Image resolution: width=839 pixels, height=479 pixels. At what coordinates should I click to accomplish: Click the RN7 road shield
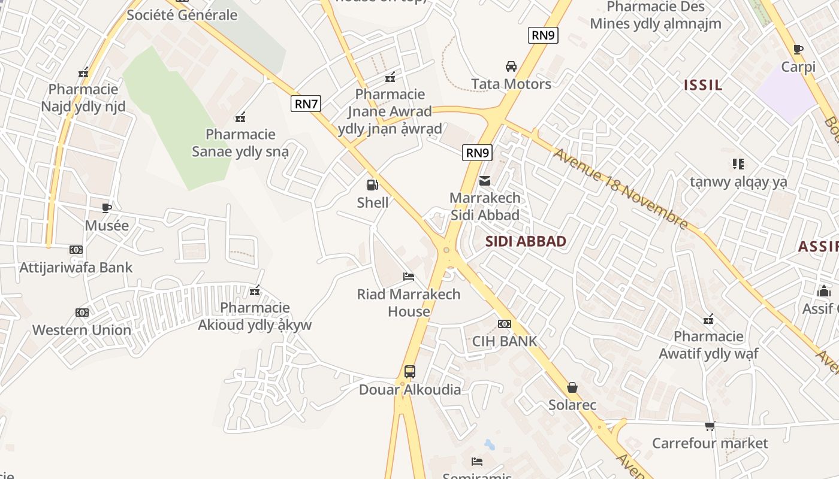coord(306,104)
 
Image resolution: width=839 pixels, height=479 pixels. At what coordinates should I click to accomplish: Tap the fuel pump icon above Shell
coord(373,185)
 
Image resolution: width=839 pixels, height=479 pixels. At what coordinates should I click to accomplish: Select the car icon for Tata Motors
coord(511,66)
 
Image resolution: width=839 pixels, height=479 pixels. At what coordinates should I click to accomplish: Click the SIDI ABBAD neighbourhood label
coord(526,241)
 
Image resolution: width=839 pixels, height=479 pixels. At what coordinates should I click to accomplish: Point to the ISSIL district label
coord(703,85)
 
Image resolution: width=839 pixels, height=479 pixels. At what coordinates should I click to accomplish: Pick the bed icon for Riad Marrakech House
coord(409,277)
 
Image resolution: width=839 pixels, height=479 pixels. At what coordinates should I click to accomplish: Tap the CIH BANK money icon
coord(505,324)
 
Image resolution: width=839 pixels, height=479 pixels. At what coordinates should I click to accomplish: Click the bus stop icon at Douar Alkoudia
coord(410,372)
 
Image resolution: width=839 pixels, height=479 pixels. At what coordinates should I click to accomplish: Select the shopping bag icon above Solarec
coord(572,387)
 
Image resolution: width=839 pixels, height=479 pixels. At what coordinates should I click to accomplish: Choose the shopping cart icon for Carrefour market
coord(710,426)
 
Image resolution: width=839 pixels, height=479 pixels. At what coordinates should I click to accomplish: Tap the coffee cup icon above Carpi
coord(798,49)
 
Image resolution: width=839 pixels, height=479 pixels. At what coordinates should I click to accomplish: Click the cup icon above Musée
coord(107,208)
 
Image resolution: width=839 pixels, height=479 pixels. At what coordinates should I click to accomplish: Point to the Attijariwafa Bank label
coord(76,268)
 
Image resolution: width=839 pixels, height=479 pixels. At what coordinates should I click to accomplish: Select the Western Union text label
coord(82,330)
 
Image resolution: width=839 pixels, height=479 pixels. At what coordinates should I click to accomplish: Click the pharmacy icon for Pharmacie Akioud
coord(255,291)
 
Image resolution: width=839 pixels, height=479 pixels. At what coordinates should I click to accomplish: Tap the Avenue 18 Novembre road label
coord(621,189)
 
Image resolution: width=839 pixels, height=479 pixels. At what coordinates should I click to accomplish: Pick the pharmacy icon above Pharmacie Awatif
coord(708,319)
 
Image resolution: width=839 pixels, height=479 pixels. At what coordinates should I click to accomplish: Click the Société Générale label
coord(182,15)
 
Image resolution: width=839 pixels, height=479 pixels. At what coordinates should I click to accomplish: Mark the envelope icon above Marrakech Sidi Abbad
coord(485,180)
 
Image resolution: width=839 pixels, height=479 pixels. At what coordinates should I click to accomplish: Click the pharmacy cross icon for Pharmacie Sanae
coord(241,117)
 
